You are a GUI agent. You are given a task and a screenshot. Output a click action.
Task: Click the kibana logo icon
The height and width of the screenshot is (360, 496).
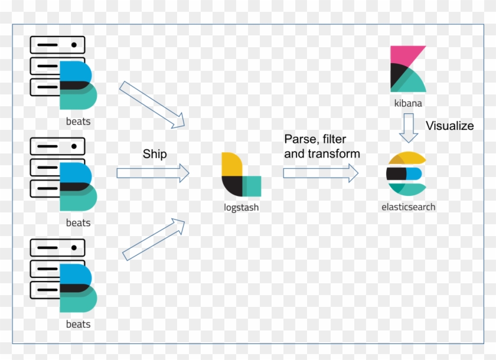click(407, 69)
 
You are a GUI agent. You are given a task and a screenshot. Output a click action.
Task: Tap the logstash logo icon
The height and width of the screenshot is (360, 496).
click(241, 175)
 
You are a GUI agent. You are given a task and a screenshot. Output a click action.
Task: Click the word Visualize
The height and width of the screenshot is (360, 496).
click(449, 126)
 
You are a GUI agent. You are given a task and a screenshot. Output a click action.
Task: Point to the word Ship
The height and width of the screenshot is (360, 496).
click(155, 154)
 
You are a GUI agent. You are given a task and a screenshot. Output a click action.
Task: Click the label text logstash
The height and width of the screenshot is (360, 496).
click(241, 208)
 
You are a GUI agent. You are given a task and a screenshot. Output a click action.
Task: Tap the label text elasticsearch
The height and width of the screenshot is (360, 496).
click(408, 207)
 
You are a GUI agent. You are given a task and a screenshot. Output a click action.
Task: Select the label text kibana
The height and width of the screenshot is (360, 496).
click(408, 103)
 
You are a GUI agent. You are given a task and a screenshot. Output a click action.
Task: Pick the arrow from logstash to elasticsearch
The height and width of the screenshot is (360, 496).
click(321, 173)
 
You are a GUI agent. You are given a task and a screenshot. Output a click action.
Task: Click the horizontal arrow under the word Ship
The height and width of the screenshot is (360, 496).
click(152, 173)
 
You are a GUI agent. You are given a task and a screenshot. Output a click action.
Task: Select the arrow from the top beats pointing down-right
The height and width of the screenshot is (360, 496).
click(152, 104)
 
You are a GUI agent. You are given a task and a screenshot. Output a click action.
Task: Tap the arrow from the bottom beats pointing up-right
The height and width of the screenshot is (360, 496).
click(154, 239)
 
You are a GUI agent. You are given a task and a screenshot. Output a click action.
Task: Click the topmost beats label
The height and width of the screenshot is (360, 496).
click(78, 122)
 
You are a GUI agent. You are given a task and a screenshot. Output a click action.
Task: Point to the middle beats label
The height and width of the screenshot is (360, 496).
click(78, 223)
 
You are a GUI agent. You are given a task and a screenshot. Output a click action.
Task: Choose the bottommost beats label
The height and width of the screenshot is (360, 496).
click(78, 325)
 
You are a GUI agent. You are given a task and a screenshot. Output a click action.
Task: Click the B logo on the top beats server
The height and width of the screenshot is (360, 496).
click(77, 85)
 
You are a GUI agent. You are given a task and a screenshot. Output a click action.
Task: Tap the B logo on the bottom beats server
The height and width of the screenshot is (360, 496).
click(77, 288)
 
